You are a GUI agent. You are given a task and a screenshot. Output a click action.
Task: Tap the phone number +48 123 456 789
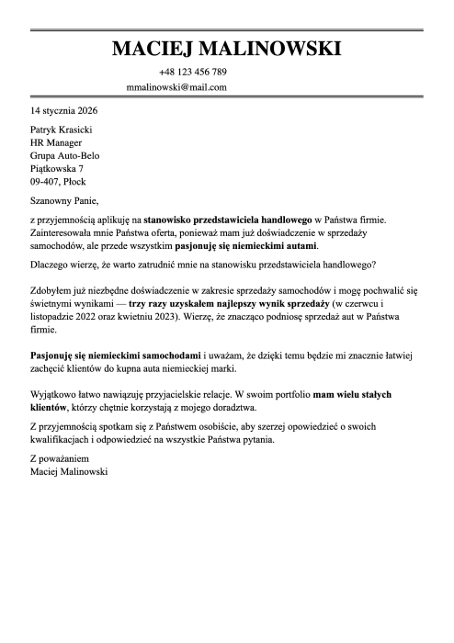[x=192, y=72]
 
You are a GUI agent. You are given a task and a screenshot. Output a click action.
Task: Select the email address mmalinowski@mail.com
[x=177, y=87]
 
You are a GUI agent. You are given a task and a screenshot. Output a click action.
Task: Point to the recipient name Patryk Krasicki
[x=62, y=130]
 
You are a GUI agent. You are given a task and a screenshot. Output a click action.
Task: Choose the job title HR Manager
[x=56, y=143]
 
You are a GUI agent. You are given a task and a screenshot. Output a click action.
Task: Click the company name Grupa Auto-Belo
[x=65, y=156]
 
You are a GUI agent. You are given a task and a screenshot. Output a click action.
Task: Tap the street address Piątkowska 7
[x=57, y=169]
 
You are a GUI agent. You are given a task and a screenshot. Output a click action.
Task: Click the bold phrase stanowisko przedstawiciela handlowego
[x=227, y=220]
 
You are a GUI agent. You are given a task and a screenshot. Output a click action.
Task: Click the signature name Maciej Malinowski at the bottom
[x=69, y=470]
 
